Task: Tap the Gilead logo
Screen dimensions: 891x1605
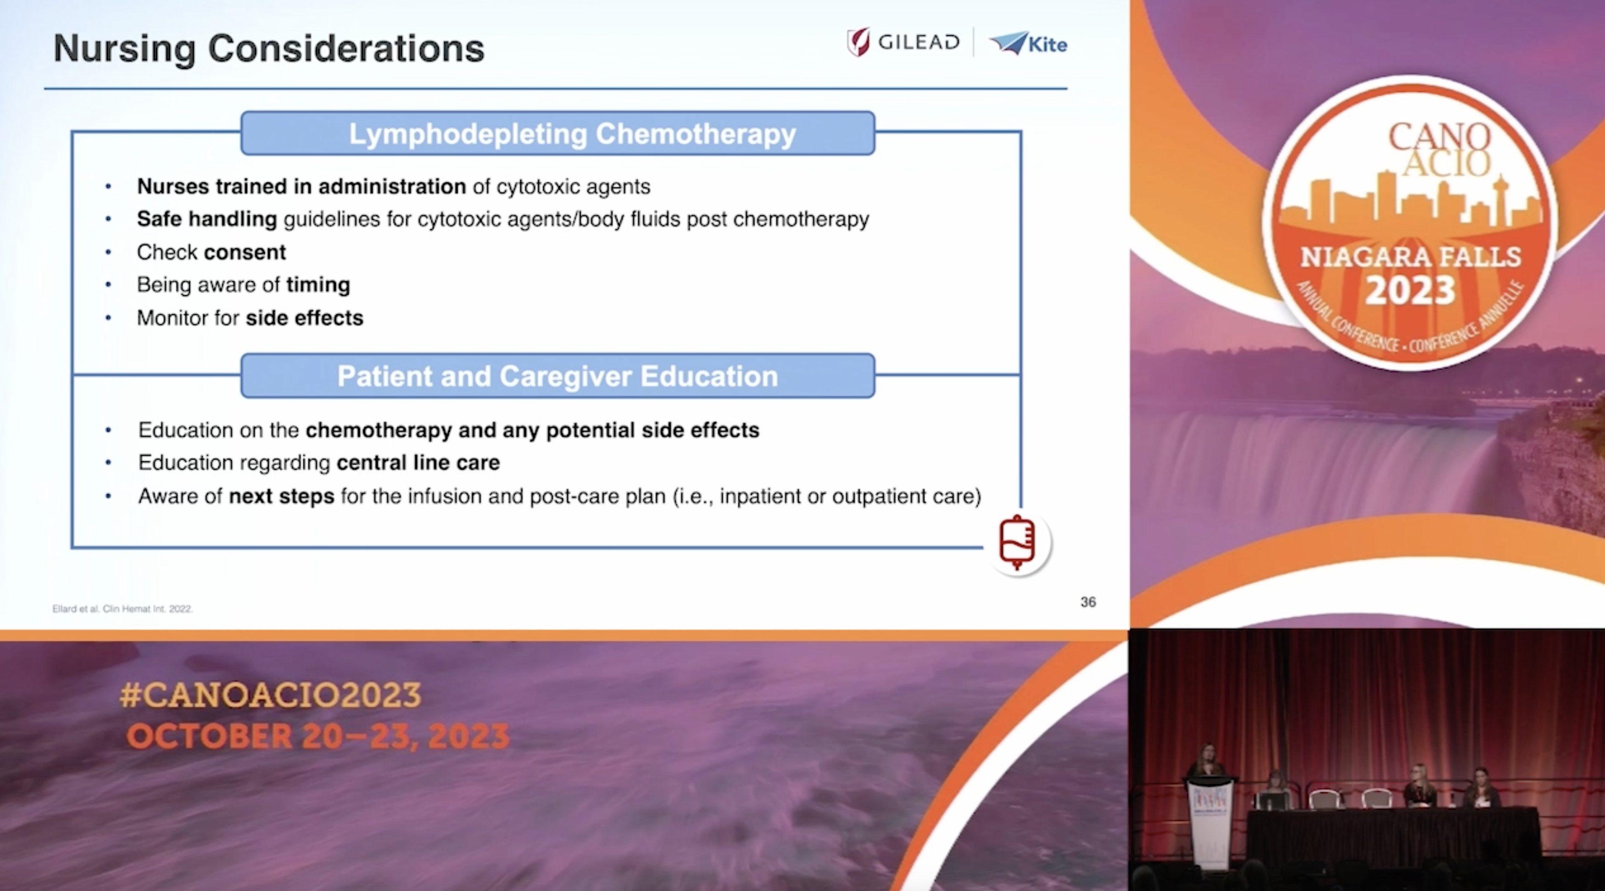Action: pos(903,42)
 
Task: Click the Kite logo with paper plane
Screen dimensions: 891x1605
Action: pos(1029,44)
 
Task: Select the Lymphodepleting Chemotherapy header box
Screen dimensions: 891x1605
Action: pos(557,134)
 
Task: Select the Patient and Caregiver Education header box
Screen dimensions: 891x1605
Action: pos(557,376)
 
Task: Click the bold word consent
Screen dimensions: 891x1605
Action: pos(245,252)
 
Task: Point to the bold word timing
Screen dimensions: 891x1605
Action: pos(318,285)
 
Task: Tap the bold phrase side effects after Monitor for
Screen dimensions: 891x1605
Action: pos(304,318)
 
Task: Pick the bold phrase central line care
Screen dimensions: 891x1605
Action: pos(418,463)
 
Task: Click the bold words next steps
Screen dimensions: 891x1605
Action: pos(282,496)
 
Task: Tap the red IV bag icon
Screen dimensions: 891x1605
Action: pos(1017,542)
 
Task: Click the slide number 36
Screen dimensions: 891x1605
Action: pos(1088,602)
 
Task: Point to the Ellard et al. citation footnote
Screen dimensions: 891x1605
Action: pos(123,609)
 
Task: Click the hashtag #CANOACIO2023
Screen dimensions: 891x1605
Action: pos(270,695)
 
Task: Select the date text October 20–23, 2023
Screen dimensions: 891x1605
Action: pos(318,736)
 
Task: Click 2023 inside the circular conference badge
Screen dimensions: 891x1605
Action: pos(1410,290)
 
